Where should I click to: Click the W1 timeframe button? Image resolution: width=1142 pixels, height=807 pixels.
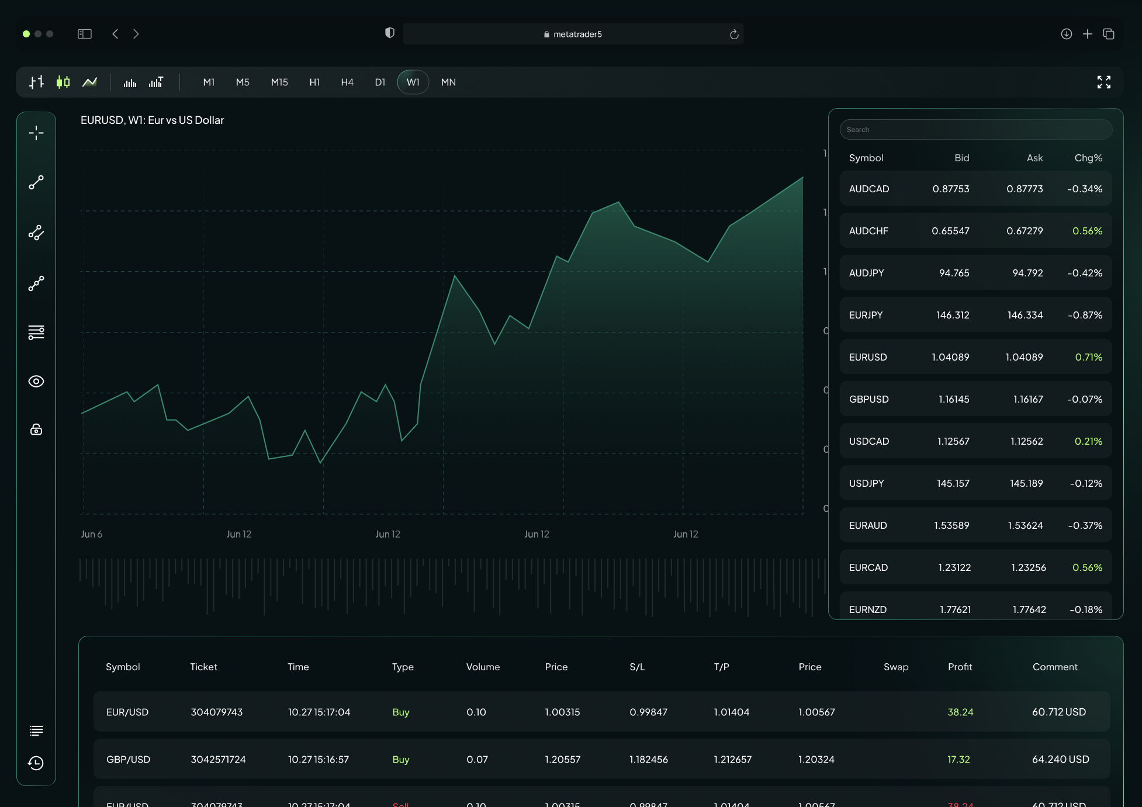point(413,82)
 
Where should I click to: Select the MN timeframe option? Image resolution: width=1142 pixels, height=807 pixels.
point(448,82)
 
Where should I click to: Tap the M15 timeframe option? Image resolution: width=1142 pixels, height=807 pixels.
point(279,82)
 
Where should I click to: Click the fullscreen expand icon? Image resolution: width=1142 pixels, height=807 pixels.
point(1103,82)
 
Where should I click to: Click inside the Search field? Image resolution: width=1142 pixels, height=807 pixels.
point(975,130)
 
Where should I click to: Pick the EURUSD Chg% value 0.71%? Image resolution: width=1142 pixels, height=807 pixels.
point(1088,357)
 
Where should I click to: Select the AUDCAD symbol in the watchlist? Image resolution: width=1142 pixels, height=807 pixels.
point(869,189)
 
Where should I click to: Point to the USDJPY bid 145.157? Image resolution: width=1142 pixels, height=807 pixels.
point(953,483)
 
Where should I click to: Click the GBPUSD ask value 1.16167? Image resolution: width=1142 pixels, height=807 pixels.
point(1027,399)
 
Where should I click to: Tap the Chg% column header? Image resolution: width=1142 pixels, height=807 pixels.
point(1088,158)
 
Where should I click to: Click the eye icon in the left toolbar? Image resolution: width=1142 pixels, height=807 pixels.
point(36,382)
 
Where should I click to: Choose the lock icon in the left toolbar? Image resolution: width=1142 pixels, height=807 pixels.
point(36,430)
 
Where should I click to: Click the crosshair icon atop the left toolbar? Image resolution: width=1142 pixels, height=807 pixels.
point(36,133)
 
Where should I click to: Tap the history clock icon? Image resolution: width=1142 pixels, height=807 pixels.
point(36,763)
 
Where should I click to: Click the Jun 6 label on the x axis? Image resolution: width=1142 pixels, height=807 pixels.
point(92,534)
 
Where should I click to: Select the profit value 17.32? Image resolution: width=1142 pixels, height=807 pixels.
point(958,759)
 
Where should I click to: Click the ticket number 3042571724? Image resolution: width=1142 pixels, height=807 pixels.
point(218,759)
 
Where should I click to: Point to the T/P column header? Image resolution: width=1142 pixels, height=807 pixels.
point(721,667)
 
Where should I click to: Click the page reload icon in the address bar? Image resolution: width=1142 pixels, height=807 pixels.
point(734,34)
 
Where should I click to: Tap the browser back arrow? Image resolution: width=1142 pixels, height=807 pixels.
point(115,34)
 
